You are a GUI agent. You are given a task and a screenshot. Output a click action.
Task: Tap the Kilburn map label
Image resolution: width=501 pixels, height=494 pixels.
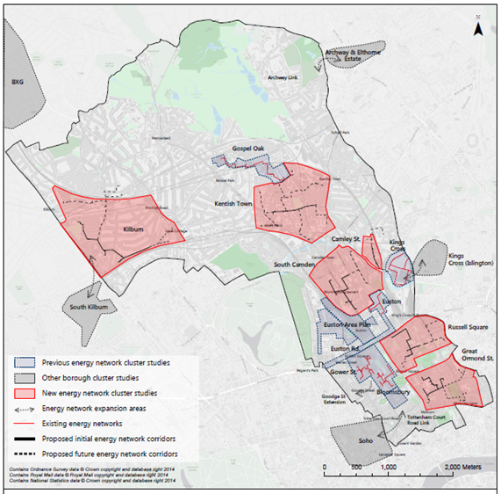tap(134, 232)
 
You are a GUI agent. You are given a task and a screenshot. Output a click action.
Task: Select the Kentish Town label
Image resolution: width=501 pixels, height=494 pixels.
tap(233, 204)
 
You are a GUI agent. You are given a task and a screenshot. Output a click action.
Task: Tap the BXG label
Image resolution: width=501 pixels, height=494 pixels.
tap(14, 83)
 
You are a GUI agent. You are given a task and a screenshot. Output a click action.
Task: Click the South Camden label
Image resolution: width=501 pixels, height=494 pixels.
tap(293, 265)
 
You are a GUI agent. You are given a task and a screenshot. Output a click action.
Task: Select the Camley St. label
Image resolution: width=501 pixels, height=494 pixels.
tap(347, 239)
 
